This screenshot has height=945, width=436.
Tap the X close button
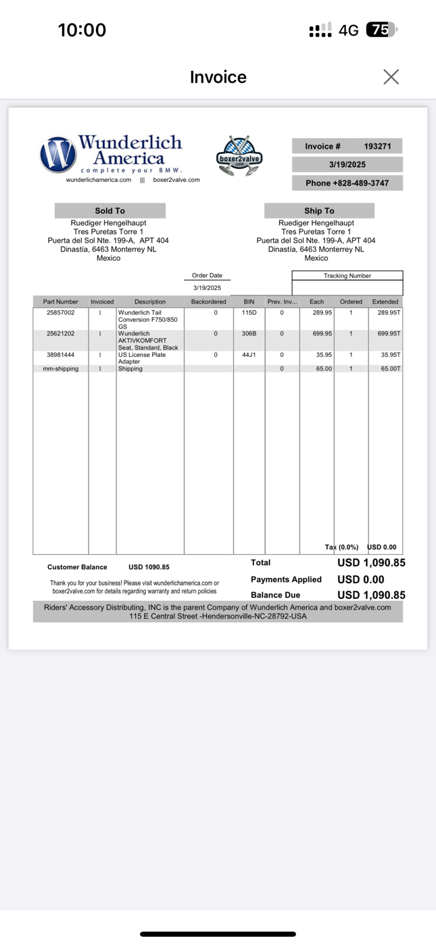click(391, 77)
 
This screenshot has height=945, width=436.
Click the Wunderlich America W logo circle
click(58, 154)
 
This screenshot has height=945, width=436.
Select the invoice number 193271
click(377, 146)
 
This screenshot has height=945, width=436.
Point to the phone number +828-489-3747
click(347, 183)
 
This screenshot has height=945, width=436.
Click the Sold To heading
click(110, 211)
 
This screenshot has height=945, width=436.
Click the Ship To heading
click(319, 211)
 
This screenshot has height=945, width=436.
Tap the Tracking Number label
click(347, 276)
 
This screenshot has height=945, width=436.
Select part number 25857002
click(61, 313)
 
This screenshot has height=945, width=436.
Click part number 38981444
click(61, 355)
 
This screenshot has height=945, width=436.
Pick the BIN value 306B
click(249, 333)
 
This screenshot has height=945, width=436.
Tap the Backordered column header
click(208, 301)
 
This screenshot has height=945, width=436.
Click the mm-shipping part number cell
click(61, 369)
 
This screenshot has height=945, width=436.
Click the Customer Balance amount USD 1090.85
click(149, 567)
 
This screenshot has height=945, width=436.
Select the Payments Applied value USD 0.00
click(361, 579)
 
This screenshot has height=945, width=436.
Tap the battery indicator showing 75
click(381, 30)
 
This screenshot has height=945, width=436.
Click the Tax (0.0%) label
click(341, 547)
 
